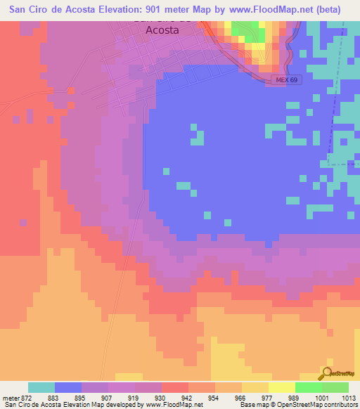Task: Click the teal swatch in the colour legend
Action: [41, 387]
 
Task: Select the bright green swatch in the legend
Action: [309, 387]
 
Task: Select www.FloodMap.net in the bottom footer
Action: [173, 405]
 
